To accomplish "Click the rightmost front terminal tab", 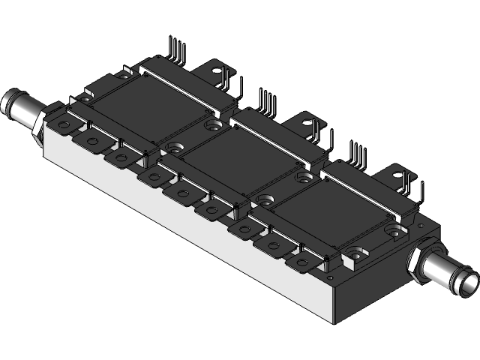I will pyautogui.click(x=301, y=262).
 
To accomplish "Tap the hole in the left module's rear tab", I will pyautogui.click(x=222, y=72).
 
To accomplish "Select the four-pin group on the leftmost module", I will pyautogui.click(x=177, y=49).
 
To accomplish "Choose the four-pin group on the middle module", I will pyautogui.click(x=266, y=100).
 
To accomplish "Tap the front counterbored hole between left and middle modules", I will pyautogui.click(x=175, y=149).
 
